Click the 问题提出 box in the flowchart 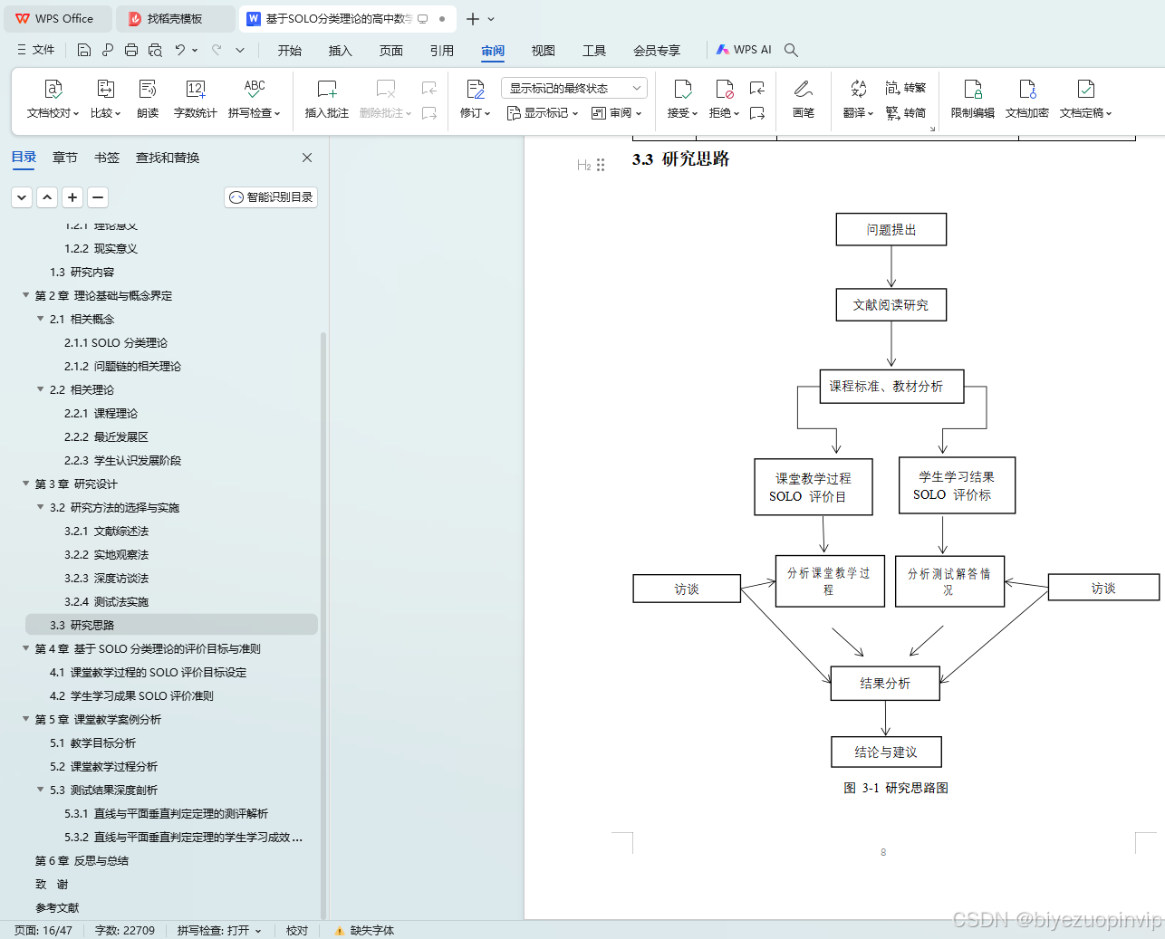coord(891,230)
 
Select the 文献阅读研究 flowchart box coord(891,305)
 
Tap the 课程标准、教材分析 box coord(891,387)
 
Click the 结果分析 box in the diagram coord(885,684)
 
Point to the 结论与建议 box coord(886,752)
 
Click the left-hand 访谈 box coord(687,589)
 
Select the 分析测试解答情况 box coord(948,581)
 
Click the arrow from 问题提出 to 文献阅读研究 coord(891,267)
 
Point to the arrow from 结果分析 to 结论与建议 coord(886,718)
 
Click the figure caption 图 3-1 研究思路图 coord(896,788)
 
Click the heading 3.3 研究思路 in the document coord(681,159)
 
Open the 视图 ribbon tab coord(543,51)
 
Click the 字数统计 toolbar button coord(196,98)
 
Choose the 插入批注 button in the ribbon coord(327,98)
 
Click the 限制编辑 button coord(972,98)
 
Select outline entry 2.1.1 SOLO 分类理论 coord(116,343)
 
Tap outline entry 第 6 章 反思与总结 coord(82,861)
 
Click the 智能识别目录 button coord(271,197)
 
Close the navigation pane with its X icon coord(307,158)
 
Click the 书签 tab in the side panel coord(107,158)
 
